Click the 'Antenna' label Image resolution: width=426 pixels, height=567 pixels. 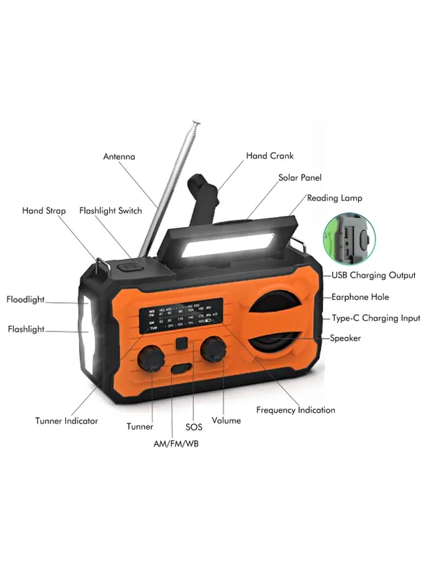point(119,156)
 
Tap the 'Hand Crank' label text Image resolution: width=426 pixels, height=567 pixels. point(270,156)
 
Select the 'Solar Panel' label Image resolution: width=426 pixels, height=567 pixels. point(300,178)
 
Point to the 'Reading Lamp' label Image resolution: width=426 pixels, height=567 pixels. point(334,198)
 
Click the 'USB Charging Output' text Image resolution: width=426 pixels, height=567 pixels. point(373,275)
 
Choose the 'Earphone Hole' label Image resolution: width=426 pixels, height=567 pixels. point(360,297)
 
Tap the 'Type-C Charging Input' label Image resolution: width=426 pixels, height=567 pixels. point(376,318)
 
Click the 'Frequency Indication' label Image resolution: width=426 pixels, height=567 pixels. point(296,410)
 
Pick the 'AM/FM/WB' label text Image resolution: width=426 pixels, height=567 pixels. point(175,444)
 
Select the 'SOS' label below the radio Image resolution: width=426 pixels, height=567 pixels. point(194,426)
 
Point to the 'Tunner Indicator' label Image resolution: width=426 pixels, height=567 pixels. point(67,421)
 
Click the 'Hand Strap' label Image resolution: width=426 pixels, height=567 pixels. point(43,210)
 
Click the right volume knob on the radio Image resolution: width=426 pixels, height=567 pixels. point(212,349)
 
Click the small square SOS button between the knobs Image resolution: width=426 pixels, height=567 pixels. point(182,343)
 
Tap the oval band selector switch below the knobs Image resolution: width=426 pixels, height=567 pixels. point(180,369)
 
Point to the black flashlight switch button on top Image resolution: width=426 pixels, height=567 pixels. point(129,266)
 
